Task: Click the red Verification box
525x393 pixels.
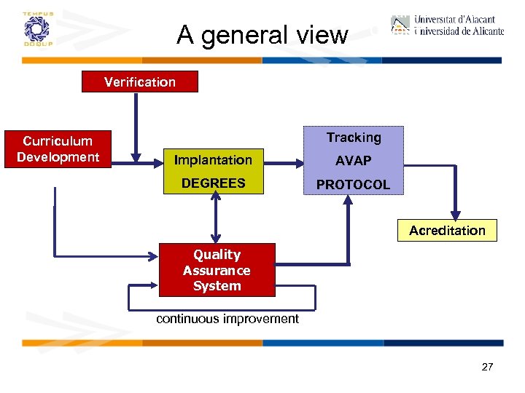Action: tap(139, 82)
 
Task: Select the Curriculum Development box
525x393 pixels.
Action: tap(58, 149)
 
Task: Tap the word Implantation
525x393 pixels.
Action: tap(213, 160)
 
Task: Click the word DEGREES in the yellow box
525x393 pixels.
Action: tap(213, 183)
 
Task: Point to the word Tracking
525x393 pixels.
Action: tap(354, 138)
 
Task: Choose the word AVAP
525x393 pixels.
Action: tap(354, 161)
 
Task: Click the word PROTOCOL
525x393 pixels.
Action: tap(354, 185)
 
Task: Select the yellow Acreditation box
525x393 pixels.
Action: tap(447, 230)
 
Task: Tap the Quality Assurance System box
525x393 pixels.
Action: tap(217, 270)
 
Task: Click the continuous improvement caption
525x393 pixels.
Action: tap(227, 319)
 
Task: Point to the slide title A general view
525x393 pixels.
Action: tap(262, 35)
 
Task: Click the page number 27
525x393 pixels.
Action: tap(487, 367)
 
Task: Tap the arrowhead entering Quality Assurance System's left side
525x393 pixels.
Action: tap(154, 255)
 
